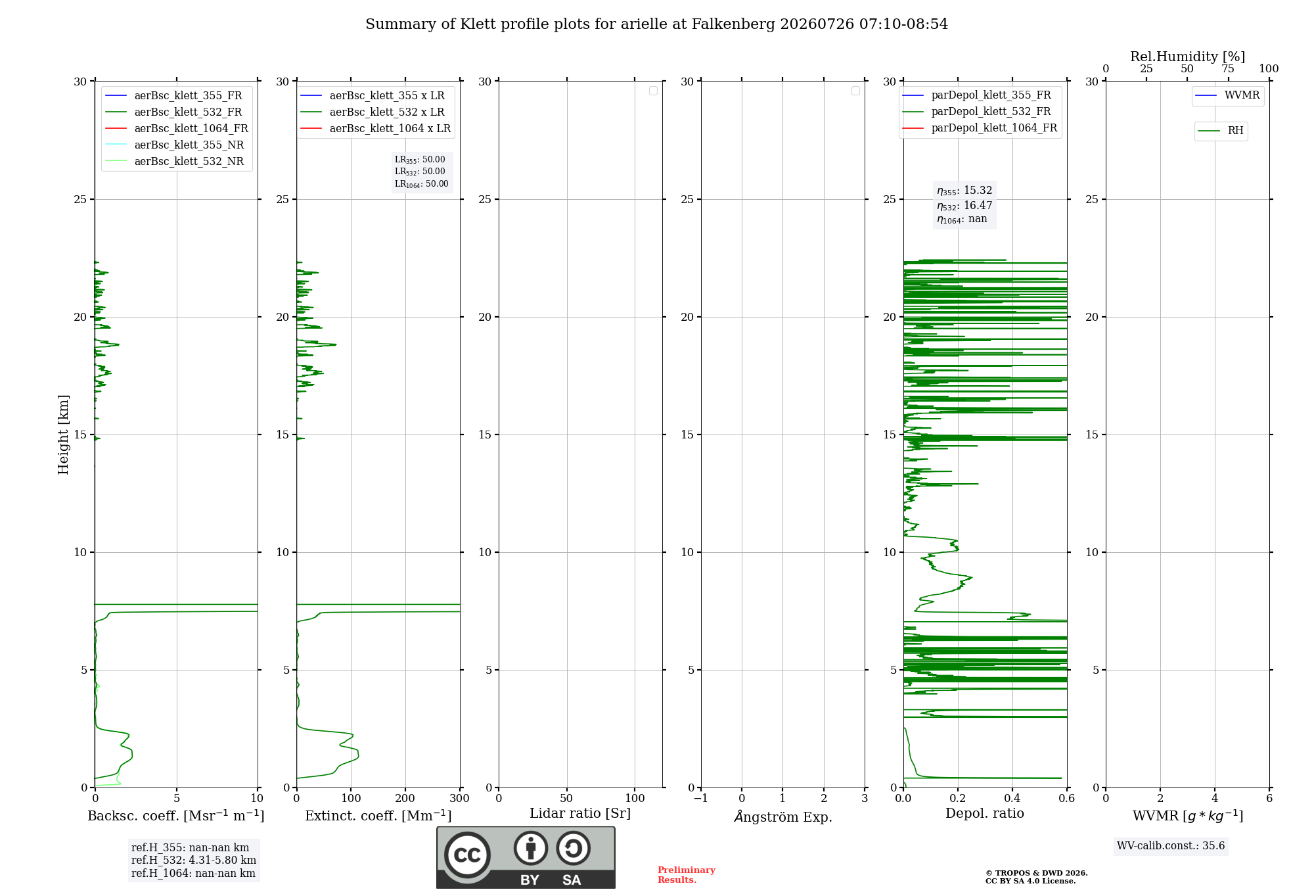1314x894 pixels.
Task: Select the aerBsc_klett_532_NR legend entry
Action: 175,162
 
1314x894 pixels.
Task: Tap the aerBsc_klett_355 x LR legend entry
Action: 373,96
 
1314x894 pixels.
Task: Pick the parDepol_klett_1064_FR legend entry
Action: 980,128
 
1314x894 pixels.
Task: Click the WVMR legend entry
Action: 1227,95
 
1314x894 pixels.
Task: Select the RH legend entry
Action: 1221,131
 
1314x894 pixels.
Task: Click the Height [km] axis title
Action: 63,435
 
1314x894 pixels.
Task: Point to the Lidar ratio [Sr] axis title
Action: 580,814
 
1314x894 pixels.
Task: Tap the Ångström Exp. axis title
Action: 783,816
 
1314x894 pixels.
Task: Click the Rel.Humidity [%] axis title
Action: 1187,57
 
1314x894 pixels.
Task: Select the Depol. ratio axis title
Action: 985,814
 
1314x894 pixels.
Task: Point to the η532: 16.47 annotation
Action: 964,206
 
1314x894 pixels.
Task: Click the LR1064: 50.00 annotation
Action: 421,184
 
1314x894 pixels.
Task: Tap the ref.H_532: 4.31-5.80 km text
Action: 194,860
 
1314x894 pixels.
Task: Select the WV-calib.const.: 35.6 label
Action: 1171,846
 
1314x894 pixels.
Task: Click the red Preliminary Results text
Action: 687,875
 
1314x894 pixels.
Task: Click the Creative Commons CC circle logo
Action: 467,855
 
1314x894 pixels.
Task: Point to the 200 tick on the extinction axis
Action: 405,799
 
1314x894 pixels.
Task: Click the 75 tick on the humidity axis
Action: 1228,69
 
